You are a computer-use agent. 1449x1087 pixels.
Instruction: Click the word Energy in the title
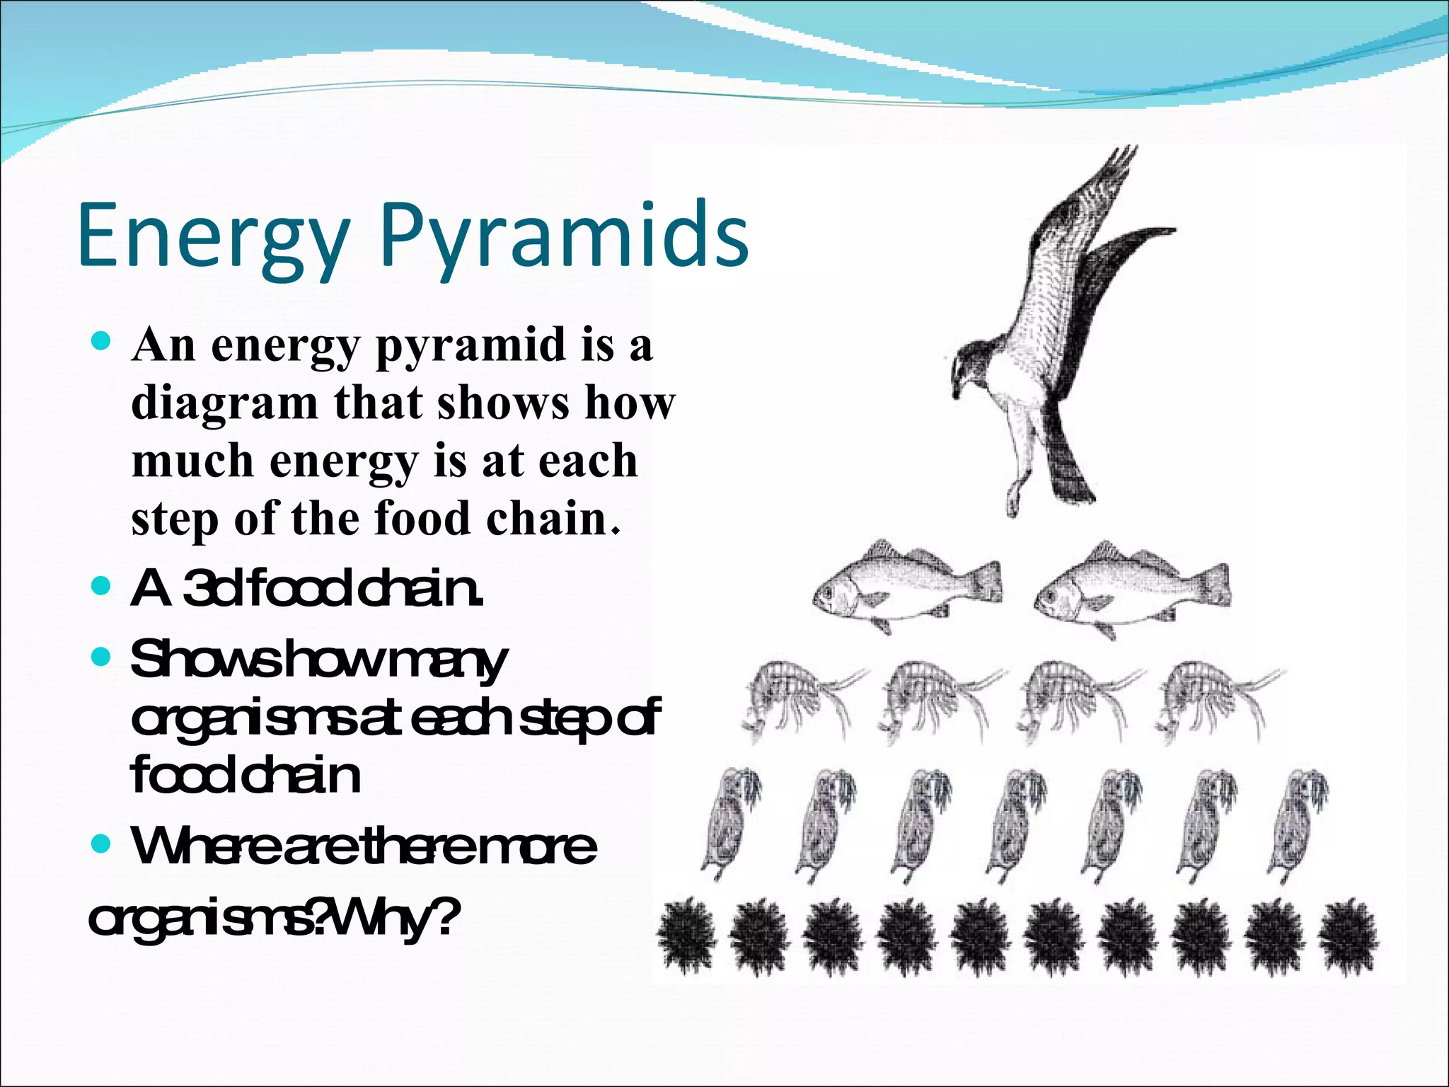click(x=212, y=237)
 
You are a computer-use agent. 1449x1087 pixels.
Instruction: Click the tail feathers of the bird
click(x=1068, y=471)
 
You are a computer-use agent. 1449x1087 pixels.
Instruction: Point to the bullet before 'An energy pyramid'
click(x=102, y=344)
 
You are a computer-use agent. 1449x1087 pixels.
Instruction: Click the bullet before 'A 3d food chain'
click(x=102, y=587)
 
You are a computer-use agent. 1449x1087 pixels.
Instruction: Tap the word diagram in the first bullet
click(x=224, y=403)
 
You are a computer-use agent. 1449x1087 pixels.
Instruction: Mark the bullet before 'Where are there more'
click(x=102, y=844)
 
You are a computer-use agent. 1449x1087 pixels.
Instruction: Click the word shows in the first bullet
click(x=503, y=403)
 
